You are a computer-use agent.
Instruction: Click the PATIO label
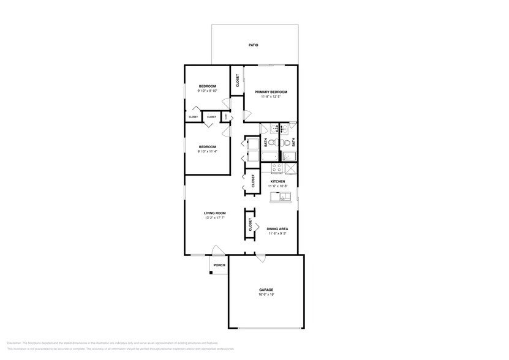click(253, 45)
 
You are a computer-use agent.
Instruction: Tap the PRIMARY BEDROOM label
click(271, 92)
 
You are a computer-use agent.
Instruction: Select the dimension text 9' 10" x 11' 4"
click(207, 151)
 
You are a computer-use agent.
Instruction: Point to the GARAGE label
click(266, 290)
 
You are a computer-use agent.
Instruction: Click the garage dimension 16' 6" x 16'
click(266, 294)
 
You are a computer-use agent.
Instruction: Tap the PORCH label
click(219, 265)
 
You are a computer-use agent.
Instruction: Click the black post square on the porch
click(211, 272)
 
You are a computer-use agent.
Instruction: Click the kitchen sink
click(285, 197)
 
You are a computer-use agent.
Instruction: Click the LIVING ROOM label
click(215, 213)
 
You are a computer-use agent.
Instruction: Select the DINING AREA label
click(277, 228)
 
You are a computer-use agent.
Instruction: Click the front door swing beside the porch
click(217, 251)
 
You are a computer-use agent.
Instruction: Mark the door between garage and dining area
click(262, 259)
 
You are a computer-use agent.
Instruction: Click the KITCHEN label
click(277, 181)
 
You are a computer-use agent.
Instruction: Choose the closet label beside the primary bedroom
click(237, 81)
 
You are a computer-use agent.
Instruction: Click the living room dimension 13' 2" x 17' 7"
click(215, 217)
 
